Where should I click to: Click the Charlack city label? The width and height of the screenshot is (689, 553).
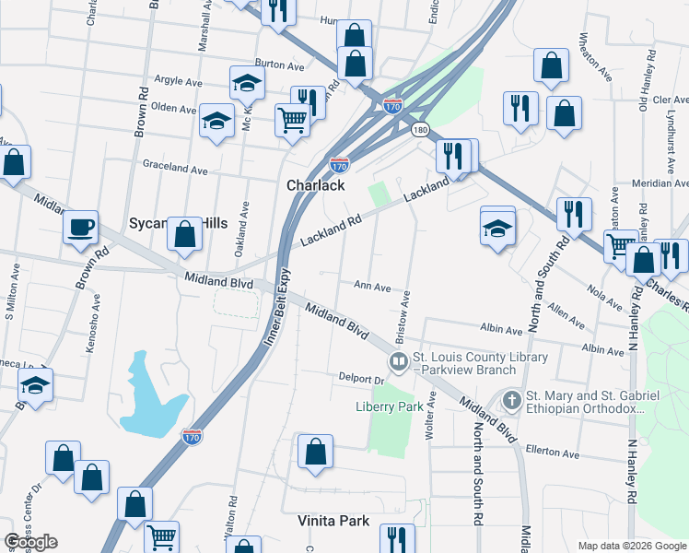coord(315,185)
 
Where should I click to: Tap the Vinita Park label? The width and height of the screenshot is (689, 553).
coord(333,521)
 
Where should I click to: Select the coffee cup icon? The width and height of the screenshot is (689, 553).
coord(80,227)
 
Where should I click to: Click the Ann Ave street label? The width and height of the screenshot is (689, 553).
coord(373,287)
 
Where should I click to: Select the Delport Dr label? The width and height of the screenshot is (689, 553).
coord(359,379)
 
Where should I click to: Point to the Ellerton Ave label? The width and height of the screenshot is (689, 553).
coord(553,453)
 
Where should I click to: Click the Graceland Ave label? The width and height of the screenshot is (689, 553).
coord(175,169)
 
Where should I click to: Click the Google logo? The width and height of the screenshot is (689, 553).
coord(30,542)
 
